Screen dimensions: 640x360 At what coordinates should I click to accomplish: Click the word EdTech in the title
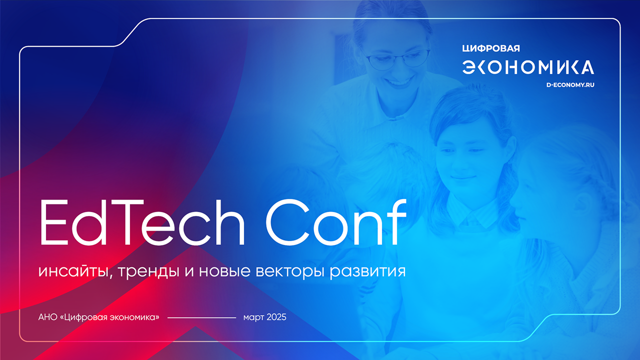(142, 222)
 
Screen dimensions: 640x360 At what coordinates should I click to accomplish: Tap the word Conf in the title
(336, 222)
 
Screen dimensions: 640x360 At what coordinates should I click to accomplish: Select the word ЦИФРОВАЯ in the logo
(491, 48)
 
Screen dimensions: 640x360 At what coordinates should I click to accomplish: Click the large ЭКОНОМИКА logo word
(528, 67)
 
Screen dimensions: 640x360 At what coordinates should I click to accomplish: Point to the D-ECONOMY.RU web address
(570, 85)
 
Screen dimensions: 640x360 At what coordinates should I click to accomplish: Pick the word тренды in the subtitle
(148, 271)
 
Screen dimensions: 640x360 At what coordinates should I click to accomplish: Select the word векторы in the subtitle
(290, 272)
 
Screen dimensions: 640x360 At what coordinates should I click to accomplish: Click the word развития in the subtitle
(367, 272)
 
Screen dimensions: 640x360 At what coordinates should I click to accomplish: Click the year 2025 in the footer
(276, 317)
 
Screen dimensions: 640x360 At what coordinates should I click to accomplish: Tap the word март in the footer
(253, 318)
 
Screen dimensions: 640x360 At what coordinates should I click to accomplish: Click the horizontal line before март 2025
(201, 317)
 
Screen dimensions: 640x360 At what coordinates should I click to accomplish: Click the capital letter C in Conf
(287, 222)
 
